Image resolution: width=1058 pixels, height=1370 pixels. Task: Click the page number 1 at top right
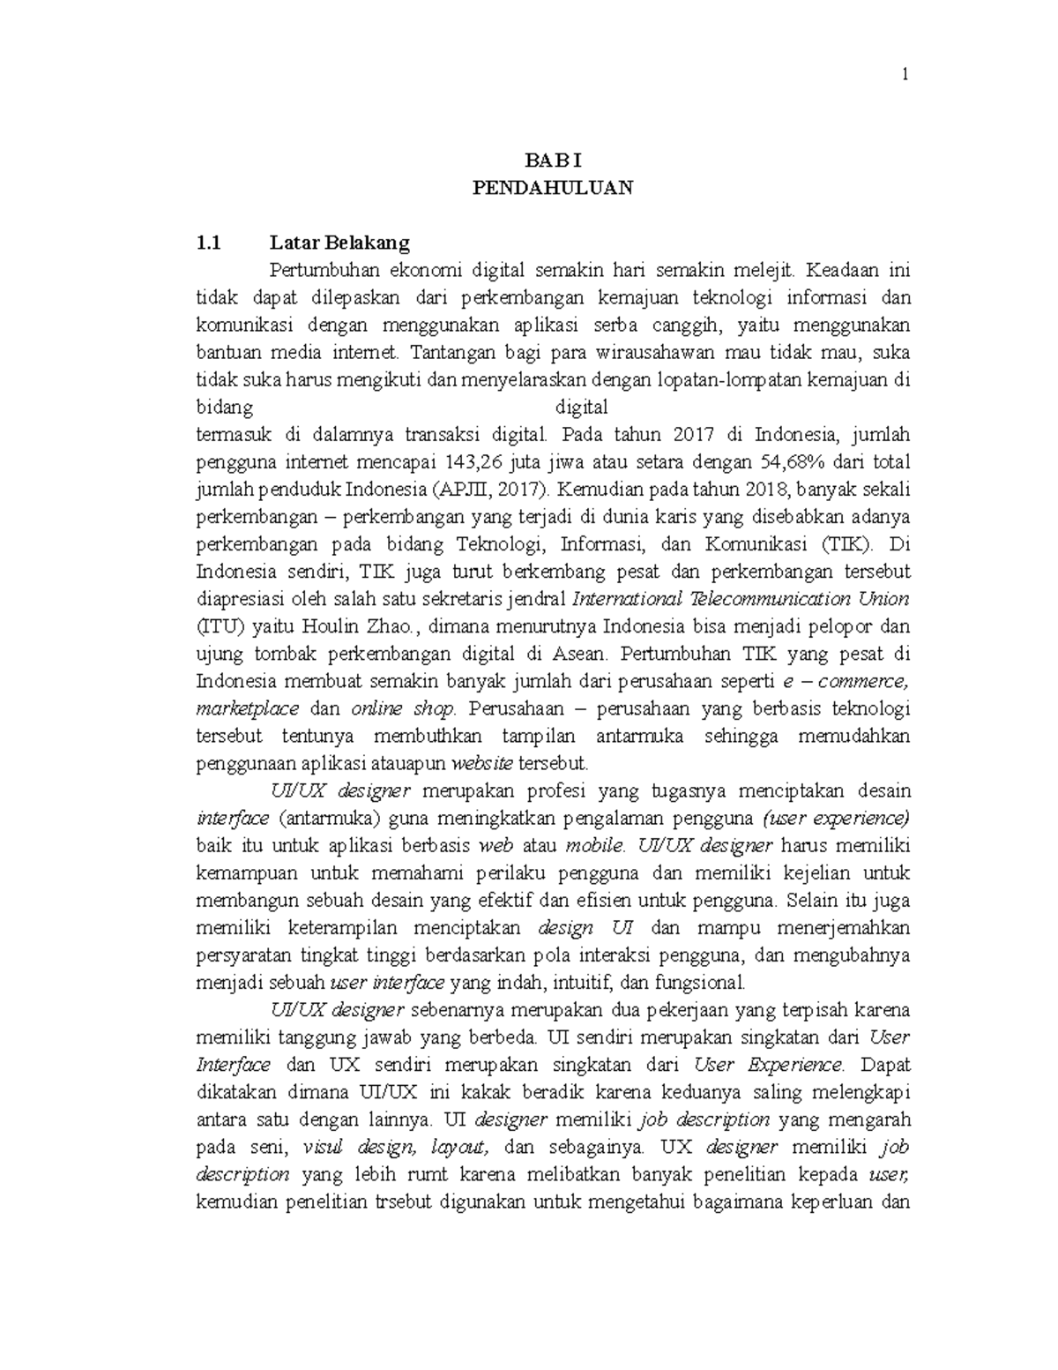click(x=905, y=77)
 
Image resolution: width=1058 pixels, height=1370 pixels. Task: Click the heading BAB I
click(x=553, y=161)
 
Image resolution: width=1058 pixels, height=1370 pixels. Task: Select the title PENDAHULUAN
click(x=553, y=188)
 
